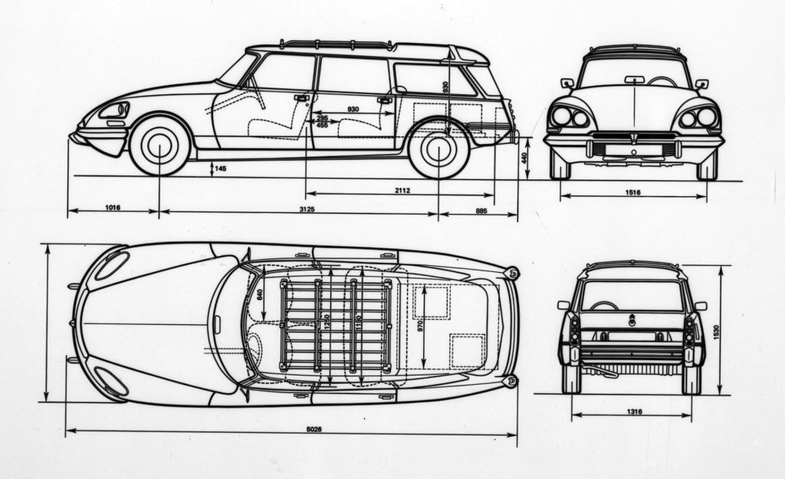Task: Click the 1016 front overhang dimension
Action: [x=112, y=208]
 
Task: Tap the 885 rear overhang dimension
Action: [x=481, y=209]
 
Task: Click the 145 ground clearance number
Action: [x=220, y=168]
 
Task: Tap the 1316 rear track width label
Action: [x=633, y=412]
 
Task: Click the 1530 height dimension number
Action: [x=717, y=332]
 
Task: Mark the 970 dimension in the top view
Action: [x=419, y=326]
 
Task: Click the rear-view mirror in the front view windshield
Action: [x=634, y=80]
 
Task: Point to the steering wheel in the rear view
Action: [x=603, y=305]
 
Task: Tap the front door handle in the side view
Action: [x=301, y=98]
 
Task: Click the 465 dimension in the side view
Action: [x=322, y=124]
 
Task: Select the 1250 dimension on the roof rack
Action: [x=327, y=325]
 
